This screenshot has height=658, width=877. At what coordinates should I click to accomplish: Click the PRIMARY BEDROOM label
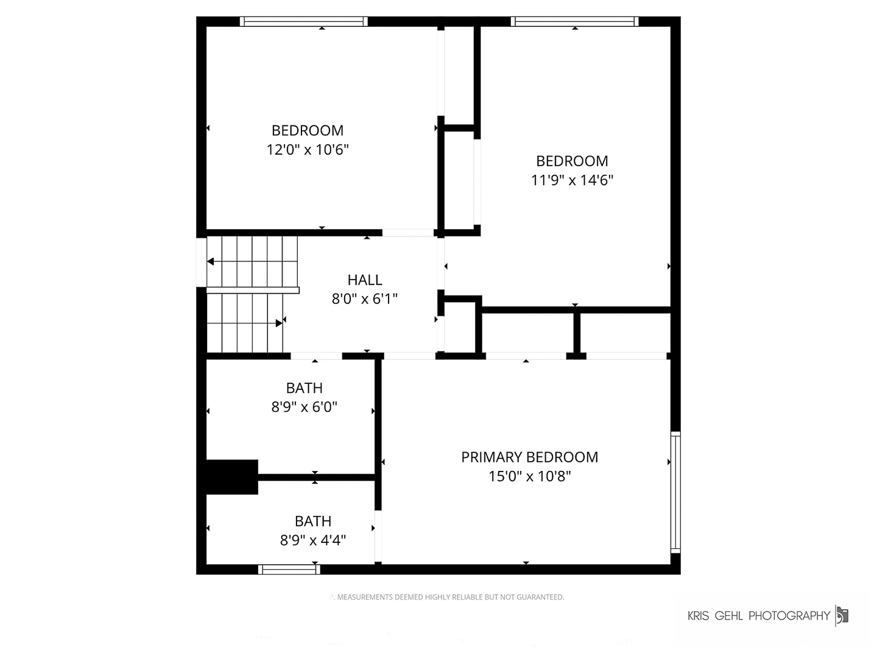click(x=529, y=457)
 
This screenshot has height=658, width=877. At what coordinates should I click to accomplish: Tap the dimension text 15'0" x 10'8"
click(x=529, y=476)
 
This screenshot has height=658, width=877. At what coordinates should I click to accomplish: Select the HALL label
click(x=365, y=280)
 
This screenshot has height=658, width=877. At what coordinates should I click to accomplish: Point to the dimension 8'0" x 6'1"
click(x=364, y=299)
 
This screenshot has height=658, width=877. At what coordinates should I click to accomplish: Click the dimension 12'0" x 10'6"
click(x=307, y=149)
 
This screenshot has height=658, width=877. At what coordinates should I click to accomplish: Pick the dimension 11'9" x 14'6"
click(x=572, y=180)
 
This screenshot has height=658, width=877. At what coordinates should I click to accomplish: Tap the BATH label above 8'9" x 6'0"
click(x=304, y=388)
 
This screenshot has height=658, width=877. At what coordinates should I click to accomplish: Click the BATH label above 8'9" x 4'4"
click(x=313, y=522)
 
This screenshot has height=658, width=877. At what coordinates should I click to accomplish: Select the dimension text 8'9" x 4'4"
click(x=313, y=540)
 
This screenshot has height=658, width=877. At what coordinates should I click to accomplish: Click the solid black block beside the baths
click(x=232, y=476)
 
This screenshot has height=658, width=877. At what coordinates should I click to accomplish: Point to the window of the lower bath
click(x=289, y=570)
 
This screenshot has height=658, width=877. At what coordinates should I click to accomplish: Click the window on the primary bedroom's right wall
click(x=675, y=492)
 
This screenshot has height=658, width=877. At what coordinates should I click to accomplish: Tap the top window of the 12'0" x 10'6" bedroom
click(x=304, y=21)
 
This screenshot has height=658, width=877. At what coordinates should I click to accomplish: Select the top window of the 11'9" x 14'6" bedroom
click(x=575, y=21)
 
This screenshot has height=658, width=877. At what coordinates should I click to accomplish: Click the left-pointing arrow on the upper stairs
click(x=210, y=262)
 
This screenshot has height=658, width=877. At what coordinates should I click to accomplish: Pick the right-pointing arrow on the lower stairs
click(x=279, y=323)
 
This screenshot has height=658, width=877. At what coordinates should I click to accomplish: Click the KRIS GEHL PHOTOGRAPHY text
click(x=758, y=616)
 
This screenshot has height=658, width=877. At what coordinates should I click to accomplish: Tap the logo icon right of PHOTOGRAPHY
click(x=842, y=615)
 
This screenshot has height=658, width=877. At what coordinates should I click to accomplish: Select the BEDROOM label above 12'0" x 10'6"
click(x=307, y=130)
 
